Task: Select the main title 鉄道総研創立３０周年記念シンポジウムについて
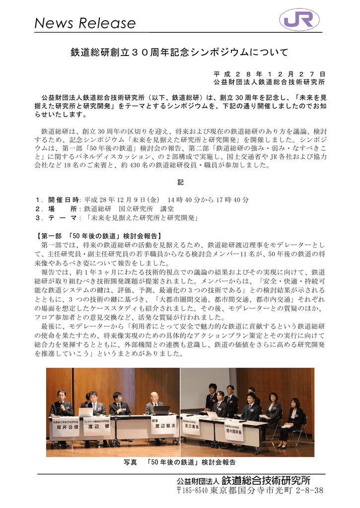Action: click(x=180, y=52)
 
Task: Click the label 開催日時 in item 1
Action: click(x=64, y=199)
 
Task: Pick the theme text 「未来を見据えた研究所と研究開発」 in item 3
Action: click(x=142, y=218)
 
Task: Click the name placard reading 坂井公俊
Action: click(x=66, y=427)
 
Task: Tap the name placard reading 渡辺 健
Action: click(x=97, y=427)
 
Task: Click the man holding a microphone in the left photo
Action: click(x=61, y=404)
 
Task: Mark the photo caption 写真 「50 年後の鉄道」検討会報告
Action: click(x=179, y=462)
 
